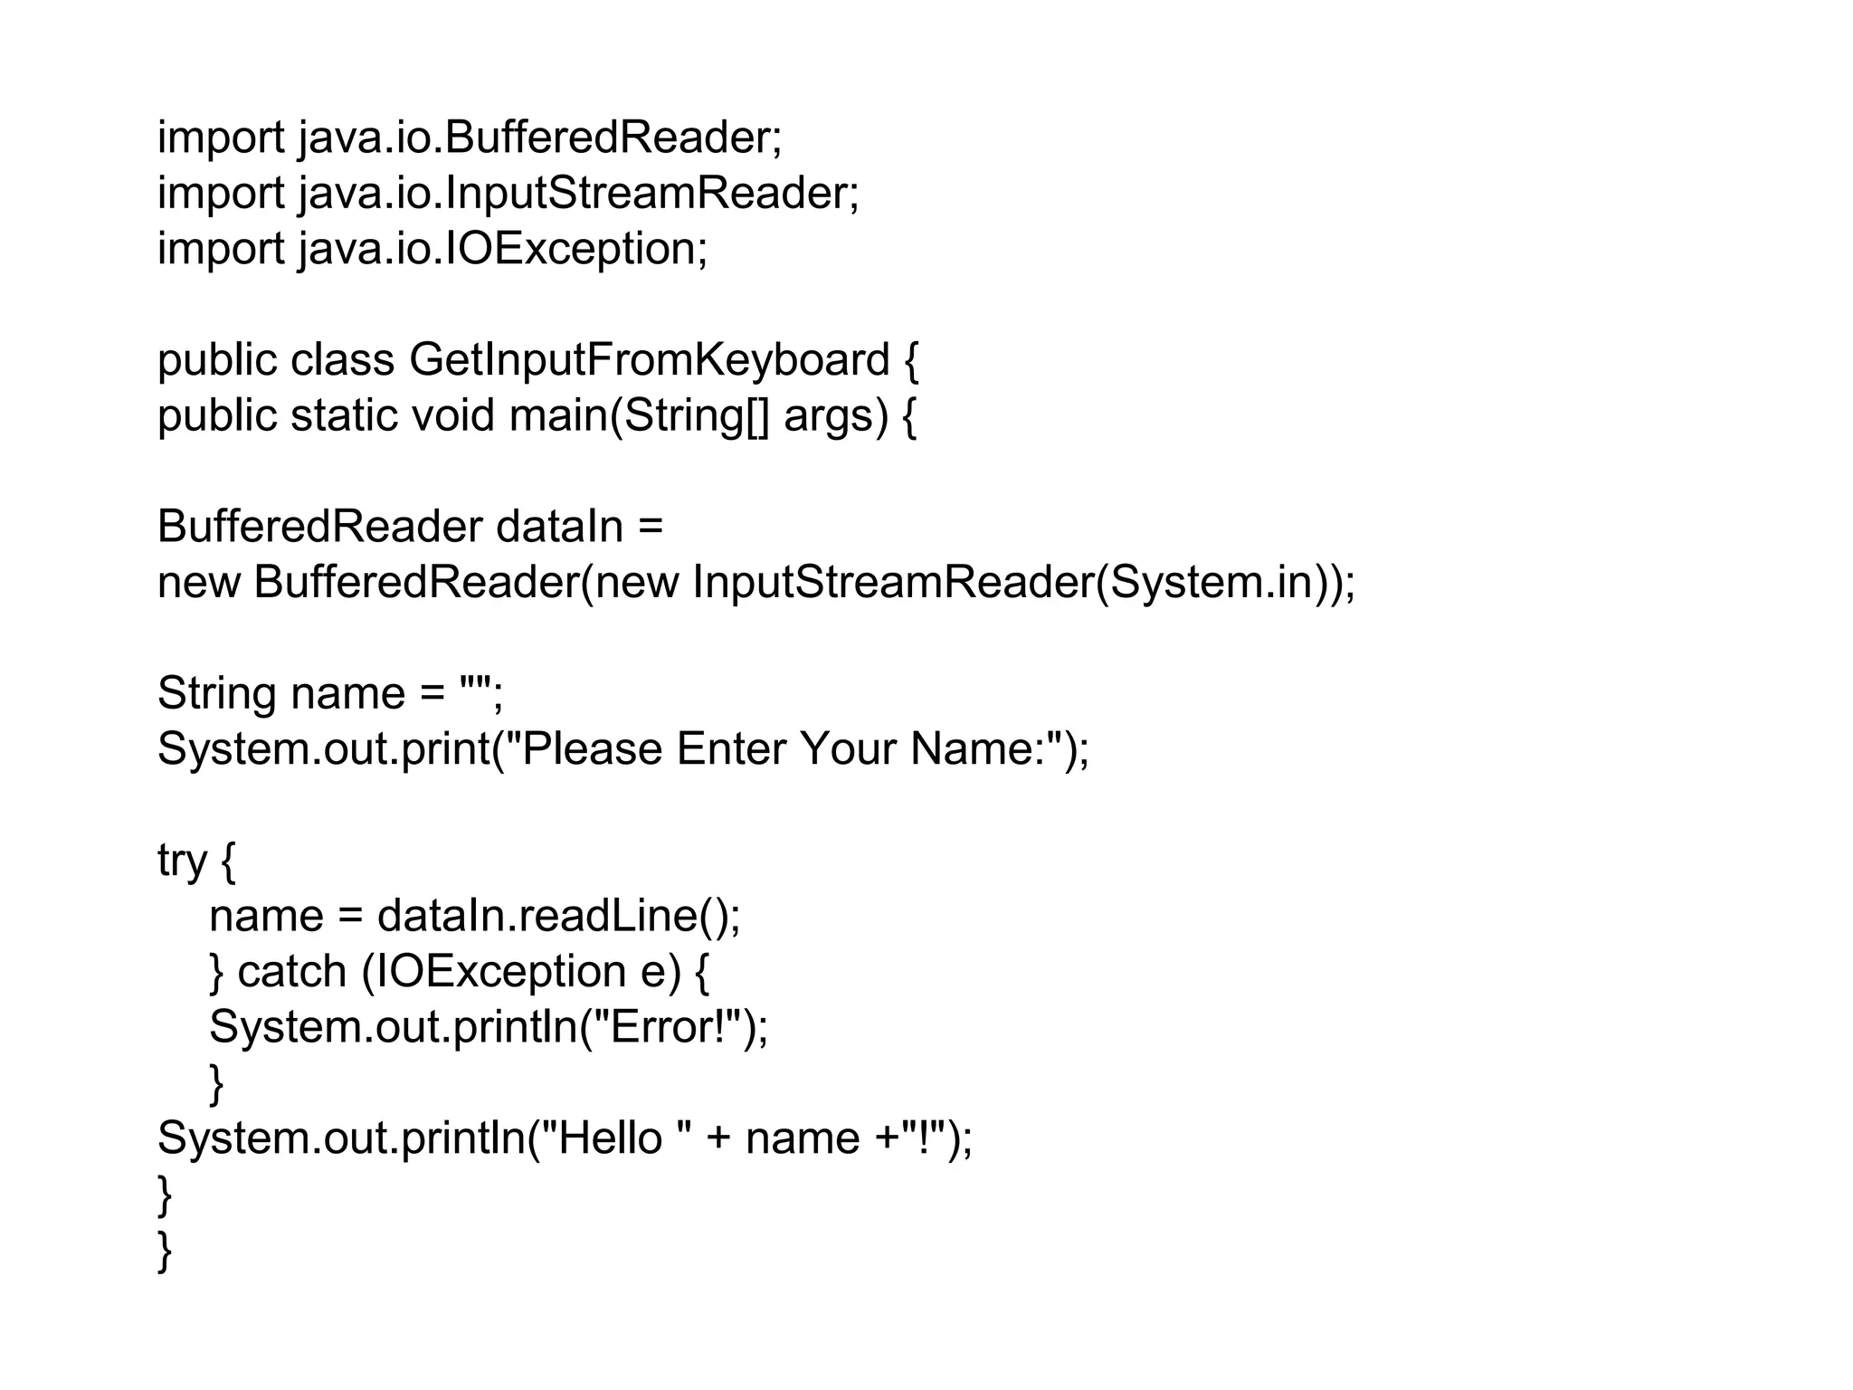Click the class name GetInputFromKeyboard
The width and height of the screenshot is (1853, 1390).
point(649,360)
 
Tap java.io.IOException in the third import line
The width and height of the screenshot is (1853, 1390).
point(503,249)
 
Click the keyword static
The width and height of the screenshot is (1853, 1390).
point(344,416)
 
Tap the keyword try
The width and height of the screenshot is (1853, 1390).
point(182,860)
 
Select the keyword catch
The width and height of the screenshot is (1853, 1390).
point(291,972)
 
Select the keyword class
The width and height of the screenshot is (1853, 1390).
point(342,360)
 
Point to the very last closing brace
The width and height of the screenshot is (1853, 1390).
point(165,1250)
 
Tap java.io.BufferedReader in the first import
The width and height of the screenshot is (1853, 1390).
point(539,138)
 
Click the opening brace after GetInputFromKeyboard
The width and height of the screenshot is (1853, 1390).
point(910,360)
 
